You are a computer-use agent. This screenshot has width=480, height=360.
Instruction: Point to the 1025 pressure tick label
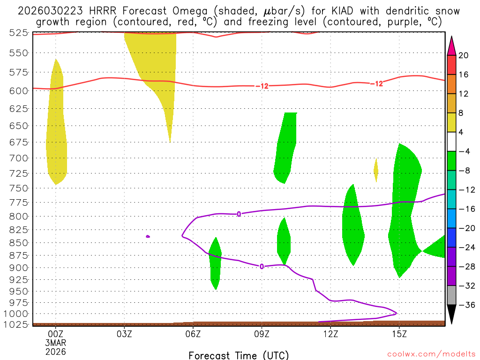click(x=18, y=324)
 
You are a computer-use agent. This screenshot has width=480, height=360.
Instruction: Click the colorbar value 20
click(x=464, y=55)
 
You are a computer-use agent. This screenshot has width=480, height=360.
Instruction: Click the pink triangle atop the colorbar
click(x=451, y=45)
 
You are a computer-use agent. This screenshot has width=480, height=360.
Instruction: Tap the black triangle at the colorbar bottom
click(x=451, y=315)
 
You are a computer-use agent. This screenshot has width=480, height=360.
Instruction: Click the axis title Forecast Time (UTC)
click(x=239, y=355)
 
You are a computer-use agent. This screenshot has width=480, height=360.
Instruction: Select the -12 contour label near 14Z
click(x=377, y=84)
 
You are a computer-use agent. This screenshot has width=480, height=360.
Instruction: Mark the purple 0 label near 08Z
click(x=239, y=214)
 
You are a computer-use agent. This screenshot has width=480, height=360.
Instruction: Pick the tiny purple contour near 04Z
click(x=148, y=236)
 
